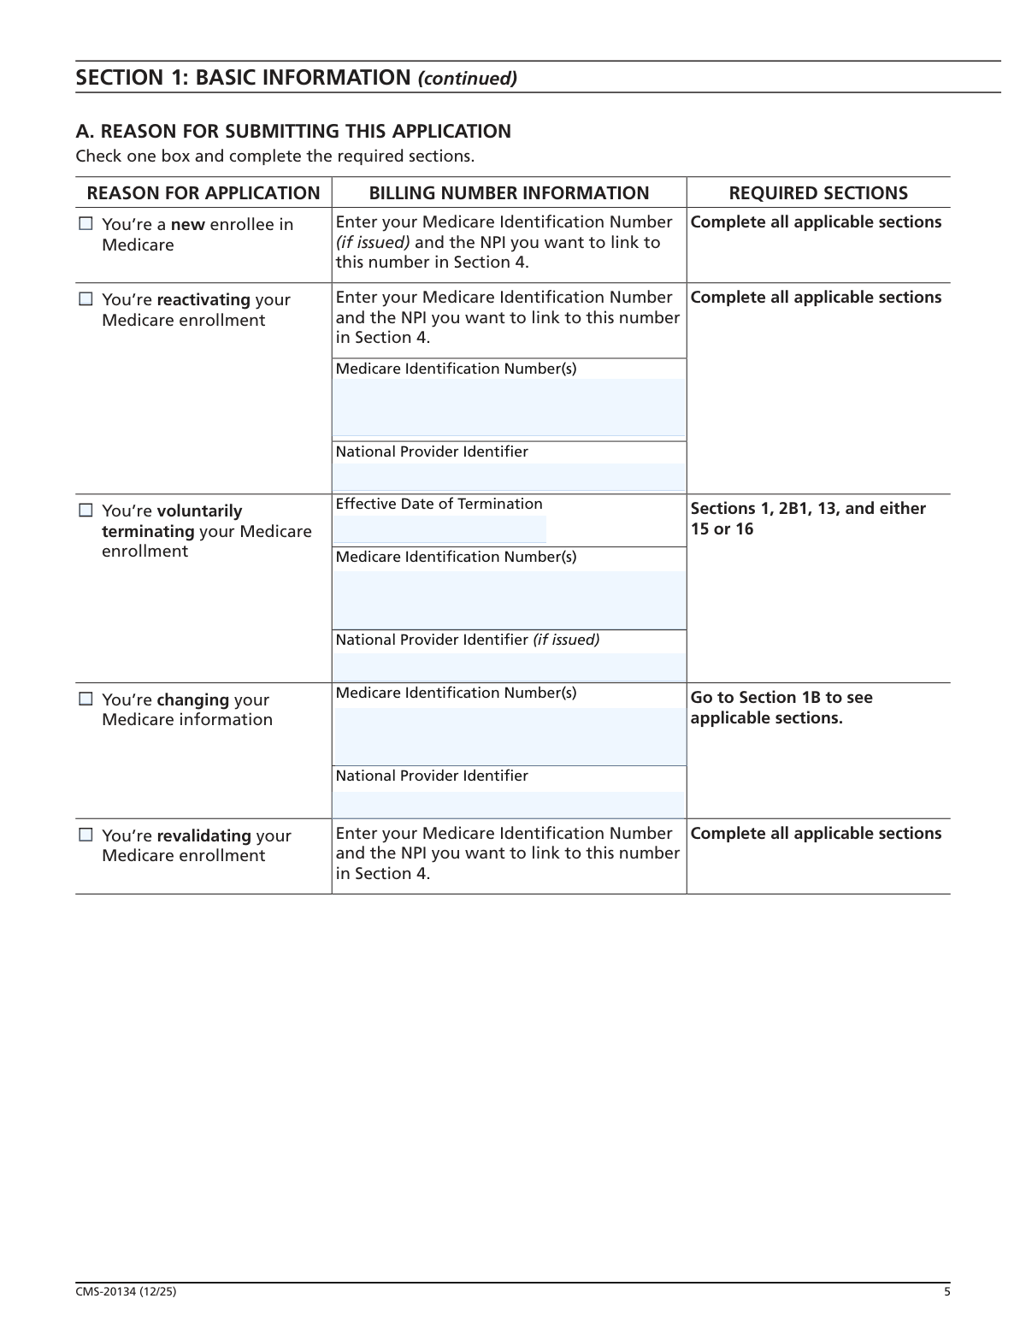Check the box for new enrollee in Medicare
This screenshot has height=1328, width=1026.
[85, 224]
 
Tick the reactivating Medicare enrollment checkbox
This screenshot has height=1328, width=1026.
[85, 299]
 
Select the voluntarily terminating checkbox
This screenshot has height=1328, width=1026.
[85, 511]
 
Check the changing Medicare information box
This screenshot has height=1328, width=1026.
[85, 699]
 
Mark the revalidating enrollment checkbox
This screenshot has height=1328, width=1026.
[85, 835]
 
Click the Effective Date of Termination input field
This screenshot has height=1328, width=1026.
[440, 529]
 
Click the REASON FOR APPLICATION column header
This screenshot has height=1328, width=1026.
[203, 193]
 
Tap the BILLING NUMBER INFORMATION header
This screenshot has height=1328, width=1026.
[509, 193]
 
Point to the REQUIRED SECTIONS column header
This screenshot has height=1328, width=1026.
[818, 193]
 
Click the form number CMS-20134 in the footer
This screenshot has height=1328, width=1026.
[126, 1292]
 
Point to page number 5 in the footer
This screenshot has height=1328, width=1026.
[946, 1292]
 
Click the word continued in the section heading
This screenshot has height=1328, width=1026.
[467, 79]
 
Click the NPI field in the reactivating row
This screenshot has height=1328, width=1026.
[509, 476]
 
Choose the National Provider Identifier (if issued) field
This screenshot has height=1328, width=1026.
[509, 666]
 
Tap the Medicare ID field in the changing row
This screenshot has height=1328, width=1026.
[509, 735]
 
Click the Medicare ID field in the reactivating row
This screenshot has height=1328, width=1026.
[509, 407]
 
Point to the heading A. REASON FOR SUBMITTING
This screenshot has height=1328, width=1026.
[293, 132]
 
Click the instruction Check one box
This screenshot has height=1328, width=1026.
[274, 156]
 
